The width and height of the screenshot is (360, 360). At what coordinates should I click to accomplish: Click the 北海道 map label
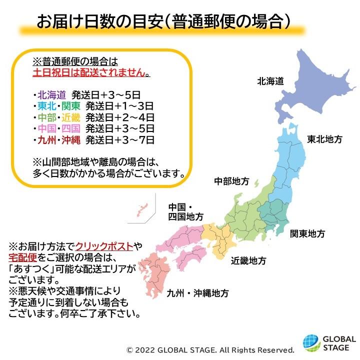click(270, 80)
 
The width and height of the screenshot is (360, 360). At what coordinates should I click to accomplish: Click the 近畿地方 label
click(248, 260)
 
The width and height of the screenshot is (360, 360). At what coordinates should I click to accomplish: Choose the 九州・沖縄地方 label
click(198, 293)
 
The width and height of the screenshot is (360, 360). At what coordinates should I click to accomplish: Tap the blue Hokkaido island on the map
click(320, 90)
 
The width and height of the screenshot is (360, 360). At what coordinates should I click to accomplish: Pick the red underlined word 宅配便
click(22, 257)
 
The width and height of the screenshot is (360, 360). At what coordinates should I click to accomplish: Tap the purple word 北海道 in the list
click(51, 93)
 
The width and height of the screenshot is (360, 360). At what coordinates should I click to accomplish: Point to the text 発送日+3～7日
click(119, 139)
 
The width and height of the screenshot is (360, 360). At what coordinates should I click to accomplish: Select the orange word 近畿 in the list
click(70, 117)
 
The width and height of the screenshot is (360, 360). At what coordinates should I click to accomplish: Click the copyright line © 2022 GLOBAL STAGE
click(210, 349)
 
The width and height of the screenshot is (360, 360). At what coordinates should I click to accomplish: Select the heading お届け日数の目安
click(100, 22)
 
